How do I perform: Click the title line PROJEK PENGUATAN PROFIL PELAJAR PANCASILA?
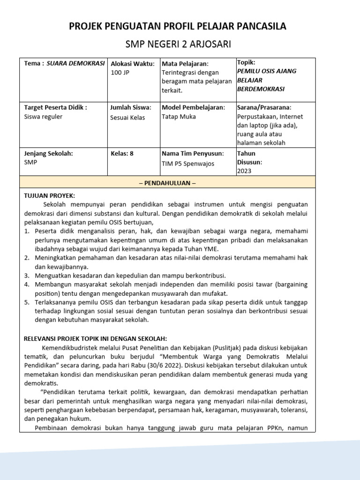point(178,26)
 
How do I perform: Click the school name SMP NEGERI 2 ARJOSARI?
point(178,44)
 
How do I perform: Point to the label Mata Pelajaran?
point(185,63)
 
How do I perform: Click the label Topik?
point(246,62)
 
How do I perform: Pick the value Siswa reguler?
point(43,117)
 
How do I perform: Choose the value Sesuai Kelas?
point(127,117)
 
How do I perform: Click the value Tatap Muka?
point(179,117)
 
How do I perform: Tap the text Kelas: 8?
point(122,153)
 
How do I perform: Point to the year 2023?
point(244,171)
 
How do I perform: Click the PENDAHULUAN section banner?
point(167,183)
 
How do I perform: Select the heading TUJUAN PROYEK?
point(49,195)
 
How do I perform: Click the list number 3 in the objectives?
point(27,276)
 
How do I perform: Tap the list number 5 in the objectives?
point(27,302)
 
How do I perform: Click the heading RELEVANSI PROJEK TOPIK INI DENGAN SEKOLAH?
point(95,339)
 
